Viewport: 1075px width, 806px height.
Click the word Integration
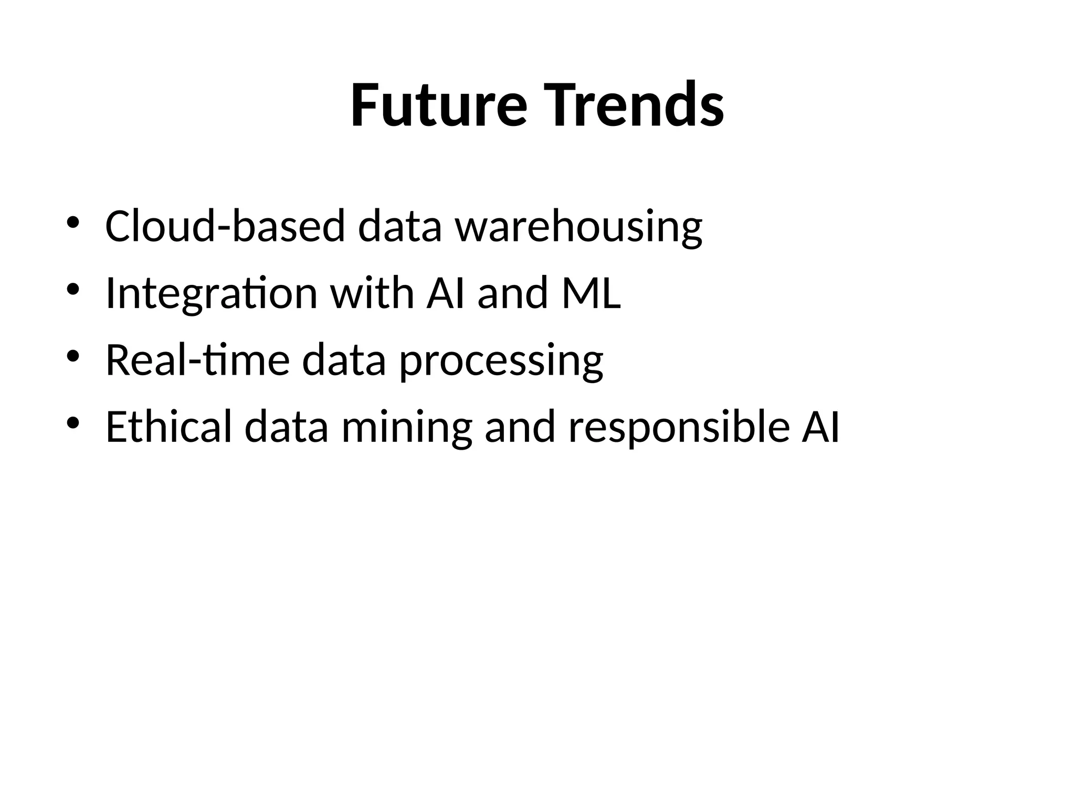tap(211, 294)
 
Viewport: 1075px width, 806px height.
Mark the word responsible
tap(679, 428)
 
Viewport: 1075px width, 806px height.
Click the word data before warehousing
tap(399, 226)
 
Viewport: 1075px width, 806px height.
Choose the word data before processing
tap(344, 360)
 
